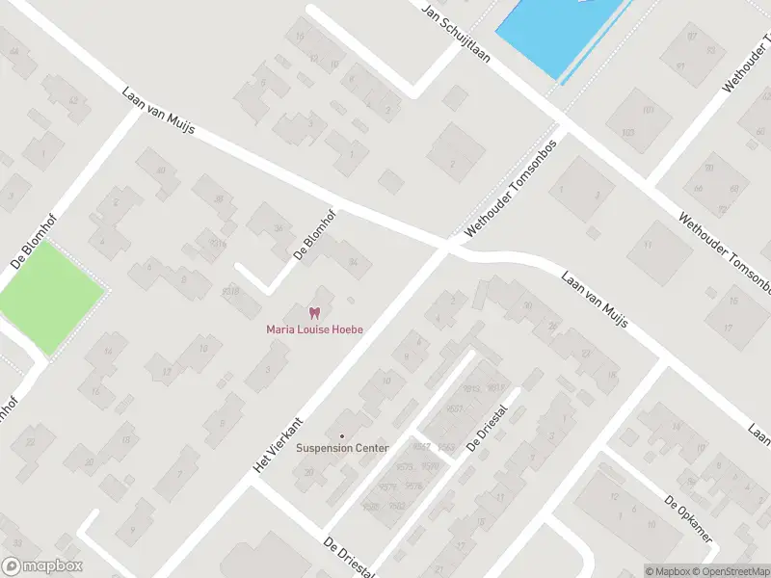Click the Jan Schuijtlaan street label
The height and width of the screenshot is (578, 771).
(x=456, y=30)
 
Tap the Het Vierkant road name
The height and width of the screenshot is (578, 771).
(x=278, y=443)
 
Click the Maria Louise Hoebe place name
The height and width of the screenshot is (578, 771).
(x=314, y=329)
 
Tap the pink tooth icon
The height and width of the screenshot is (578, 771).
(x=314, y=312)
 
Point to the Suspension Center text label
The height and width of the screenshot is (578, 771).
(x=342, y=448)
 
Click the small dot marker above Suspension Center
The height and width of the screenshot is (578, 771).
(x=342, y=435)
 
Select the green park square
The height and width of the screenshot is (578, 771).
(x=50, y=286)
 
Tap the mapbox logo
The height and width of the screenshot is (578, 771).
(x=42, y=566)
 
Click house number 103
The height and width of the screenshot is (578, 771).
(x=628, y=132)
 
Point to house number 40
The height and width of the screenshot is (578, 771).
(x=527, y=306)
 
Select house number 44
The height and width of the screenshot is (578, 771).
(x=13, y=51)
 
